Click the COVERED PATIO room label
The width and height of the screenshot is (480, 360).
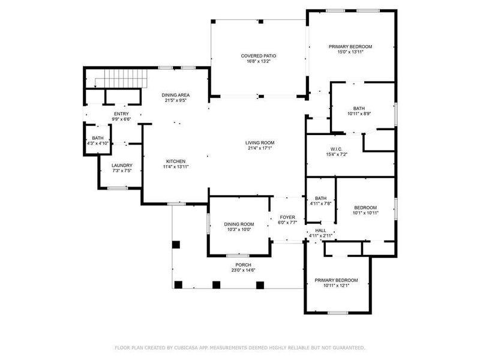tap(259, 55)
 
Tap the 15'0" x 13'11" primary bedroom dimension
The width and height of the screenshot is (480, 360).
tap(350, 52)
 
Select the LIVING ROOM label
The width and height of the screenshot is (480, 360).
tap(259, 142)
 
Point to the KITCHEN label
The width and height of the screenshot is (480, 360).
tap(176, 161)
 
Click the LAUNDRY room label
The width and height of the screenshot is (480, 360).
tap(122, 166)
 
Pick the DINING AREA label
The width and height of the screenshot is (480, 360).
tap(176, 95)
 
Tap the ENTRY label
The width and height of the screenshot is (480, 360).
tap(121, 113)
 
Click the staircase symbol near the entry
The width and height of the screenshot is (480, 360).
tap(125, 78)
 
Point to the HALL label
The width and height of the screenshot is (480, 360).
tap(320, 230)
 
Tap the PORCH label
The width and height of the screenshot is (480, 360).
tap(243, 265)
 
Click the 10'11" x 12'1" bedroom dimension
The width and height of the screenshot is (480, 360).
tap(336, 286)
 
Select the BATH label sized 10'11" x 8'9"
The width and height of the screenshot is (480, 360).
tap(359, 109)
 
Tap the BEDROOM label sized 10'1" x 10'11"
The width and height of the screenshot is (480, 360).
tap(365, 208)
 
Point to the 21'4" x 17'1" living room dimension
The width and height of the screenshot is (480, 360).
tap(259, 148)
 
